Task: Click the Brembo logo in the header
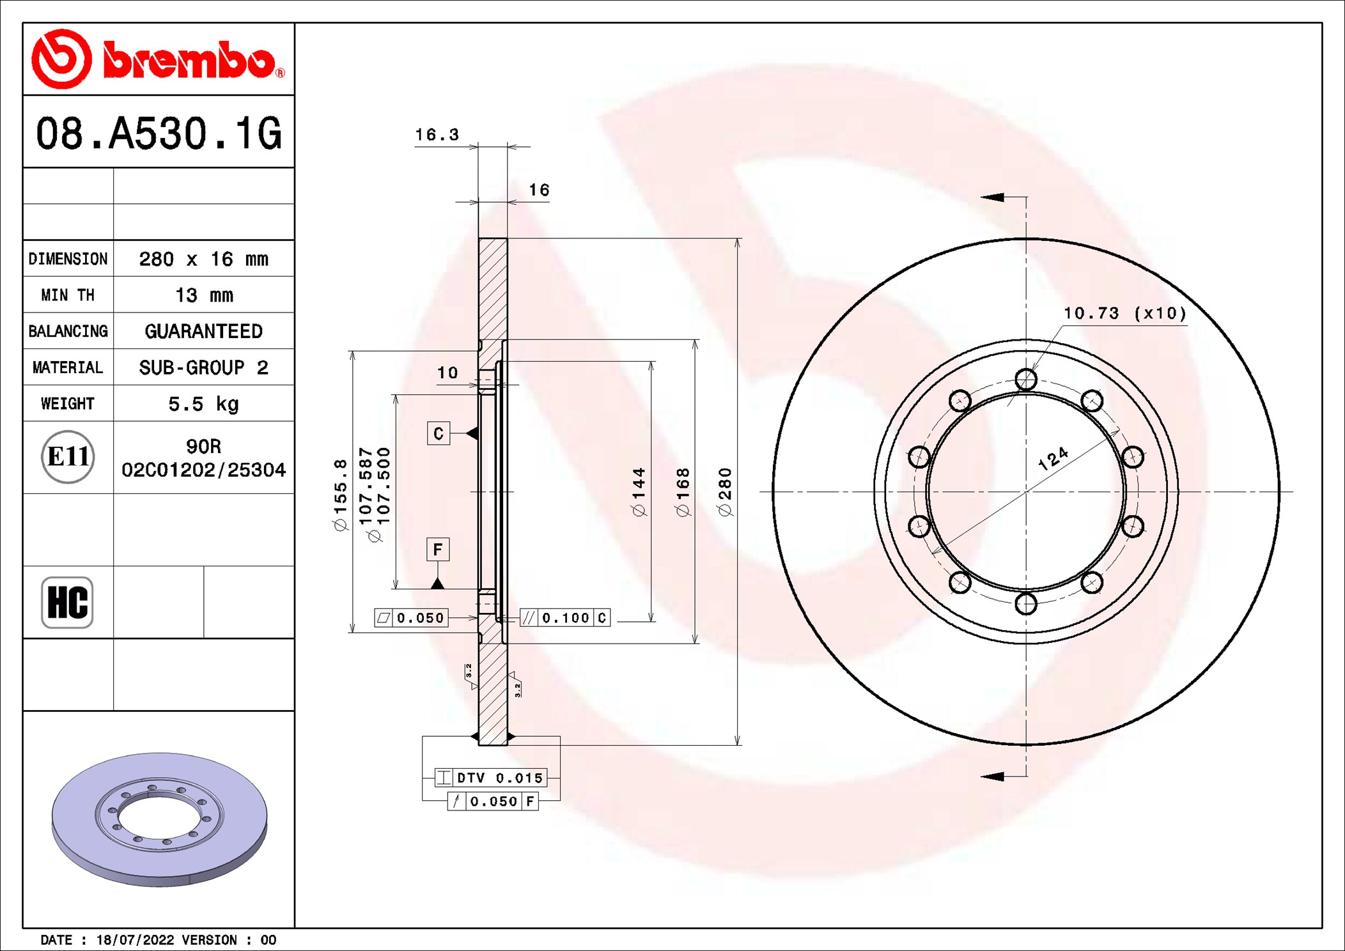(x=159, y=59)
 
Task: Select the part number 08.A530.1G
(x=159, y=134)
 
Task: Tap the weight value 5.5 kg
(x=203, y=404)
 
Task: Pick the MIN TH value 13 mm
(x=204, y=295)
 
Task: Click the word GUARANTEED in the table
(x=203, y=331)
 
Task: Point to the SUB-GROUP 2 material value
(x=203, y=367)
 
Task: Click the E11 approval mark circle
(x=68, y=457)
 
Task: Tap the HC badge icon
(x=67, y=602)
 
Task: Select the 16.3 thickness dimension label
(x=437, y=135)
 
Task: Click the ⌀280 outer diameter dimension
(x=724, y=492)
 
